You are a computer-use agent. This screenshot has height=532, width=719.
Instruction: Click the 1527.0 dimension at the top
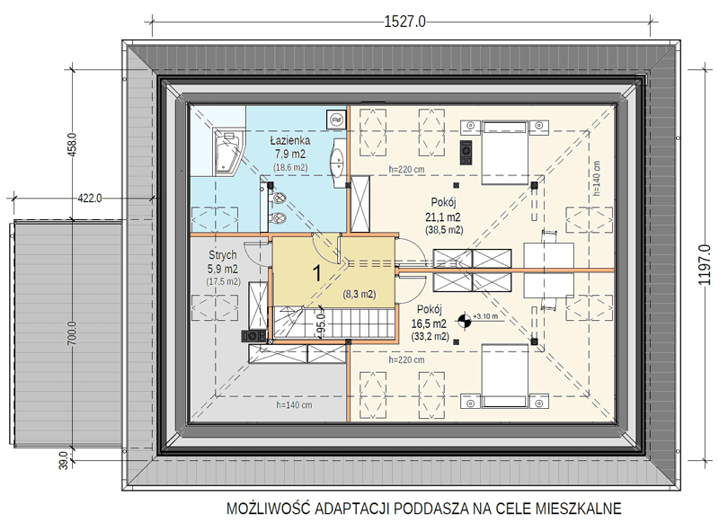click(404, 22)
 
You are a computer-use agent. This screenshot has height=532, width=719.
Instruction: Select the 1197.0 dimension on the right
click(705, 265)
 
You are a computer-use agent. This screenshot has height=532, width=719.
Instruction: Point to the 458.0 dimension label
click(72, 145)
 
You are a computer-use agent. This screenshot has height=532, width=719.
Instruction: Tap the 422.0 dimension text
click(90, 199)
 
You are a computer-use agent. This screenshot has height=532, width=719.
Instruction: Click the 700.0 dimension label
click(72, 333)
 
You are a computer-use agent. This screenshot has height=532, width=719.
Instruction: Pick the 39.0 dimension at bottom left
click(64, 460)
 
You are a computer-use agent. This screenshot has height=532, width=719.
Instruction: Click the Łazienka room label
click(289, 140)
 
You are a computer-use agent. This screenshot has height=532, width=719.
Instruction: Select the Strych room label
click(223, 255)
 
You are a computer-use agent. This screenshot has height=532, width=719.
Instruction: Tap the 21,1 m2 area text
click(443, 217)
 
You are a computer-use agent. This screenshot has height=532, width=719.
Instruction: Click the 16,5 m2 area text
click(430, 324)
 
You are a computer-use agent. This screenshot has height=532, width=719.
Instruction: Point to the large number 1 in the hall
click(317, 273)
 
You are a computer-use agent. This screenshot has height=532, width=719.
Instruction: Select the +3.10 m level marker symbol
click(465, 320)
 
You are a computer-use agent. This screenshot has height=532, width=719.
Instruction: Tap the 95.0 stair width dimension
click(321, 324)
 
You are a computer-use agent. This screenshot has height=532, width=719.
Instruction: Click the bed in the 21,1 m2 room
click(504, 153)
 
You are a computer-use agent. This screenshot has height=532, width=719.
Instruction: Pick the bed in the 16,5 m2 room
click(504, 376)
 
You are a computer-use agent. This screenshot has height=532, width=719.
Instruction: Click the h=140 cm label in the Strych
click(294, 405)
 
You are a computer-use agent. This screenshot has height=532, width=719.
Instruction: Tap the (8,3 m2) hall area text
click(359, 295)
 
